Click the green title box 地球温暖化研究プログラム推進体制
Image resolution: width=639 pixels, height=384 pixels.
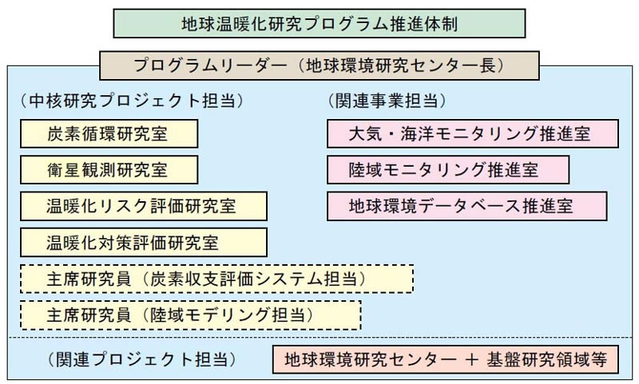[x=319, y=23]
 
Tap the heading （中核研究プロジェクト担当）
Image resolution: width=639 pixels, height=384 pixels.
[x=133, y=102]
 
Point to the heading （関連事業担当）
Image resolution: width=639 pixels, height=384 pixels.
[x=387, y=102]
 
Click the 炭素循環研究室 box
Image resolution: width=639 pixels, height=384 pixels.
[x=109, y=133]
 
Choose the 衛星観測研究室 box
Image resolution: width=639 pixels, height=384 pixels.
[x=109, y=169]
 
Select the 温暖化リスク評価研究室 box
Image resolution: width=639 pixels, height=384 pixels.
[x=144, y=205]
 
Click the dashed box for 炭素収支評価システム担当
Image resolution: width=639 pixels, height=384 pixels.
[x=216, y=279]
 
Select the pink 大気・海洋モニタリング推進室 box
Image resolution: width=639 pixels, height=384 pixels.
[x=472, y=133]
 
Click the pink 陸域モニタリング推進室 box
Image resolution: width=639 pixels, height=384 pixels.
[x=447, y=169]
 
